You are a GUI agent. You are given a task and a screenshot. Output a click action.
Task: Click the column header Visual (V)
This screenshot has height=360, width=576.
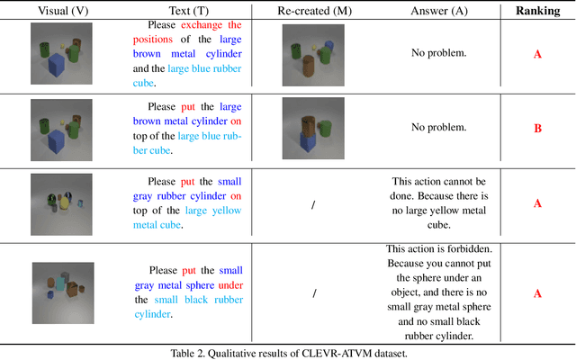[x=56, y=12]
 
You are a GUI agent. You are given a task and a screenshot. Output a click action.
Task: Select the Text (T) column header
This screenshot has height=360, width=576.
[x=190, y=12]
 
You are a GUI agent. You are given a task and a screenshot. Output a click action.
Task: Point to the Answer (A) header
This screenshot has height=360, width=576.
[x=439, y=12]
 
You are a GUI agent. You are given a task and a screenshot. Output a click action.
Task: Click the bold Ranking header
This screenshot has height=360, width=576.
[x=537, y=12]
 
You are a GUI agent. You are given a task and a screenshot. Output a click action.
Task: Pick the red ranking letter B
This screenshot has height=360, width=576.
[x=537, y=128]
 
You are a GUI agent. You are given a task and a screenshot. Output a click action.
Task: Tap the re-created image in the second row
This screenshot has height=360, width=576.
[x=309, y=127]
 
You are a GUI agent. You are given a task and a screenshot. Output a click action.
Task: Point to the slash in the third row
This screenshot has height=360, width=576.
[x=312, y=204]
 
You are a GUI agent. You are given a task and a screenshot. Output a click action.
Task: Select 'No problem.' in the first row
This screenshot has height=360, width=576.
[x=439, y=54]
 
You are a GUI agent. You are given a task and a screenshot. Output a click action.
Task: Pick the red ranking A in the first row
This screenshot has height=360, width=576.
[x=537, y=54]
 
